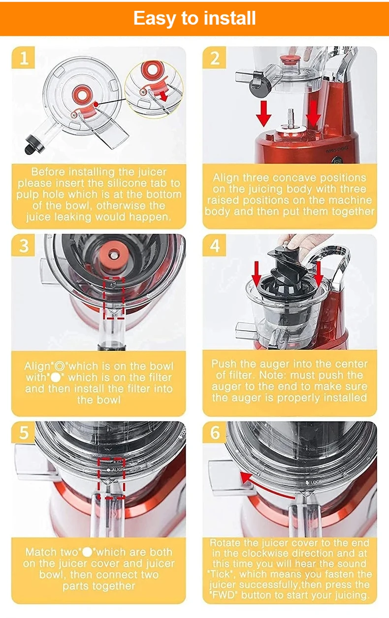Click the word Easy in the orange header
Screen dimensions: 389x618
155,19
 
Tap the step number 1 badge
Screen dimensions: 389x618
23,57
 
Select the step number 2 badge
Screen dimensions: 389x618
214,57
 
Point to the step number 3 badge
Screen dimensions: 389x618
23,245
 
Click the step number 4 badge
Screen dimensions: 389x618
214,245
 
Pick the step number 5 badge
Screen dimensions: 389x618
23,432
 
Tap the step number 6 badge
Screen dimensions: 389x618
214,432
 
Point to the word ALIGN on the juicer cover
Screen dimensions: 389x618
118,470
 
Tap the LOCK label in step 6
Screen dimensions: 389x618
316,482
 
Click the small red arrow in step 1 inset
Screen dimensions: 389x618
164,97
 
